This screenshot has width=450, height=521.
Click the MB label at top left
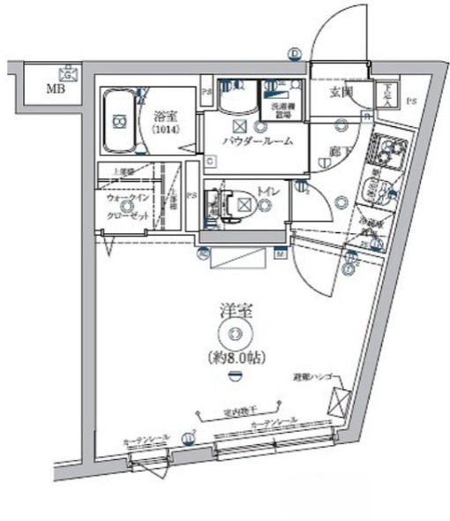tap(55, 89)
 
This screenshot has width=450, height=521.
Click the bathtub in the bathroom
tap(119, 123)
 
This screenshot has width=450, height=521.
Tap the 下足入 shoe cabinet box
tap(386, 94)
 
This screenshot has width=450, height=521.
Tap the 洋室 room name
tap(234, 310)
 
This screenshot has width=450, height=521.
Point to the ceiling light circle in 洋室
tap(234, 334)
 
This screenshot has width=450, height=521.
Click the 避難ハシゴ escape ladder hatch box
tap(339, 403)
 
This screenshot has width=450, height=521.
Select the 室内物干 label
tap(238, 412)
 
